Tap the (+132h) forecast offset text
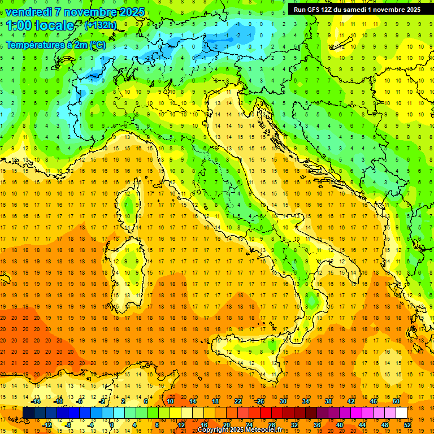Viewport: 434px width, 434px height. click(100, 25)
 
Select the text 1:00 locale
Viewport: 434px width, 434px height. click(40, 25)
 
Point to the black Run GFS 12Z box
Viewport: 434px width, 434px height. click(357, 10)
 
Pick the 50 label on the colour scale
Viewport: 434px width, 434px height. click(396, 401)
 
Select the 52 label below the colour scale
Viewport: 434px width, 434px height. click(407, 425)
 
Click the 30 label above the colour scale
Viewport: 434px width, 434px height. click(283, 401)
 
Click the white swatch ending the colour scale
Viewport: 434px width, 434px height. click(401, 413)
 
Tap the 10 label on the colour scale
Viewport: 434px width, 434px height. click(170, 401)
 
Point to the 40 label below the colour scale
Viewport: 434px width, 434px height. click(340, 425)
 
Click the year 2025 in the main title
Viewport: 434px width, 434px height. click(131, 12)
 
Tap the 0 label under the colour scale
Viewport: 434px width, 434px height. click(112, 425)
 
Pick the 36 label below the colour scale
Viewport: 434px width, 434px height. click(317, 425)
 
